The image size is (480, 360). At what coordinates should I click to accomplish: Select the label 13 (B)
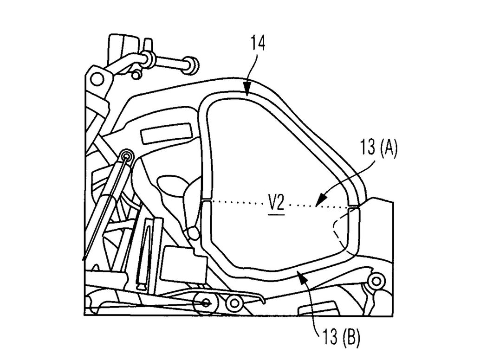(338, 335)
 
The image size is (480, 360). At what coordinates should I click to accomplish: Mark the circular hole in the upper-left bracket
(97, 79)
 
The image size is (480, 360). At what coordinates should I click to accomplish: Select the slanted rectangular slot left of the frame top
(166, 133)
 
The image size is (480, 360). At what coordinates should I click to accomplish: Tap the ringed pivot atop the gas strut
(126, 155)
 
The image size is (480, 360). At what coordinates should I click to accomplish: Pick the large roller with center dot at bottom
(207, 302)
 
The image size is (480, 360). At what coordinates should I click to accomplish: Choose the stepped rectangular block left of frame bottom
(182, 263)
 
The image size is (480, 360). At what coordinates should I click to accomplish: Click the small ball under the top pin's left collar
(136, 74)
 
